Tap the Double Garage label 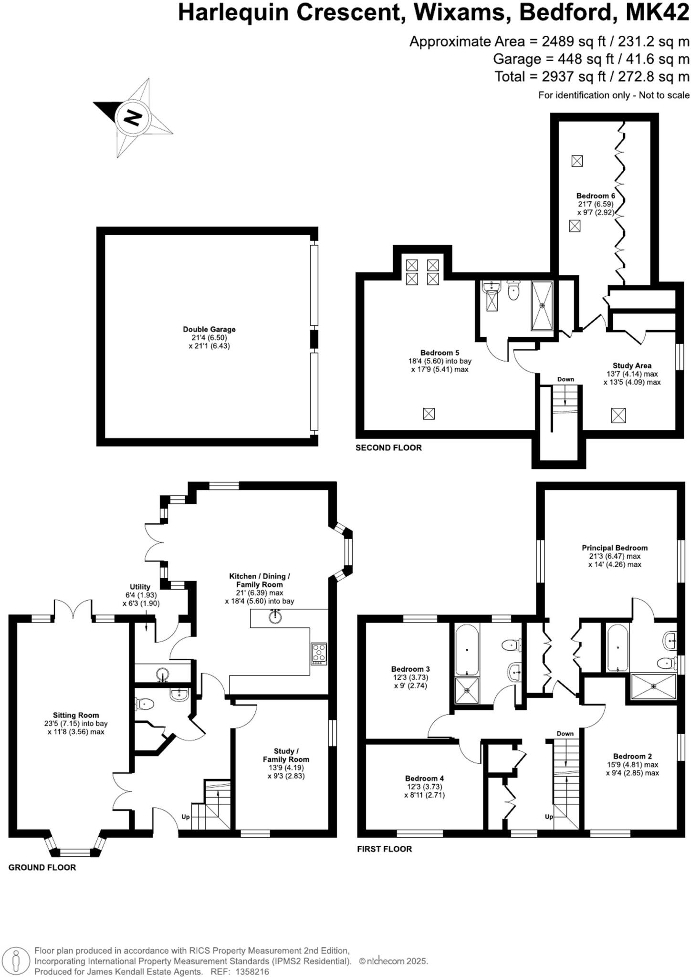coord(209,329)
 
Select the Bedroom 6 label coord(596,196)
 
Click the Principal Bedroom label coord(614,548)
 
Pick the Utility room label coord(140,587)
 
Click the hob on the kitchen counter coord(319,654)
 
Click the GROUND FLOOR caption coord(42,867)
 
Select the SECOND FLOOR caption coord(388,447)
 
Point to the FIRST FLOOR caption coord(384,849)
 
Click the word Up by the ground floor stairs coord(186,817)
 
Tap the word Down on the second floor coord(565,379)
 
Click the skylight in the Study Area coord(618,415)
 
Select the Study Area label coord(632,365)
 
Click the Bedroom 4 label coord(424,778)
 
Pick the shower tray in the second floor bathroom coord(542,305)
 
